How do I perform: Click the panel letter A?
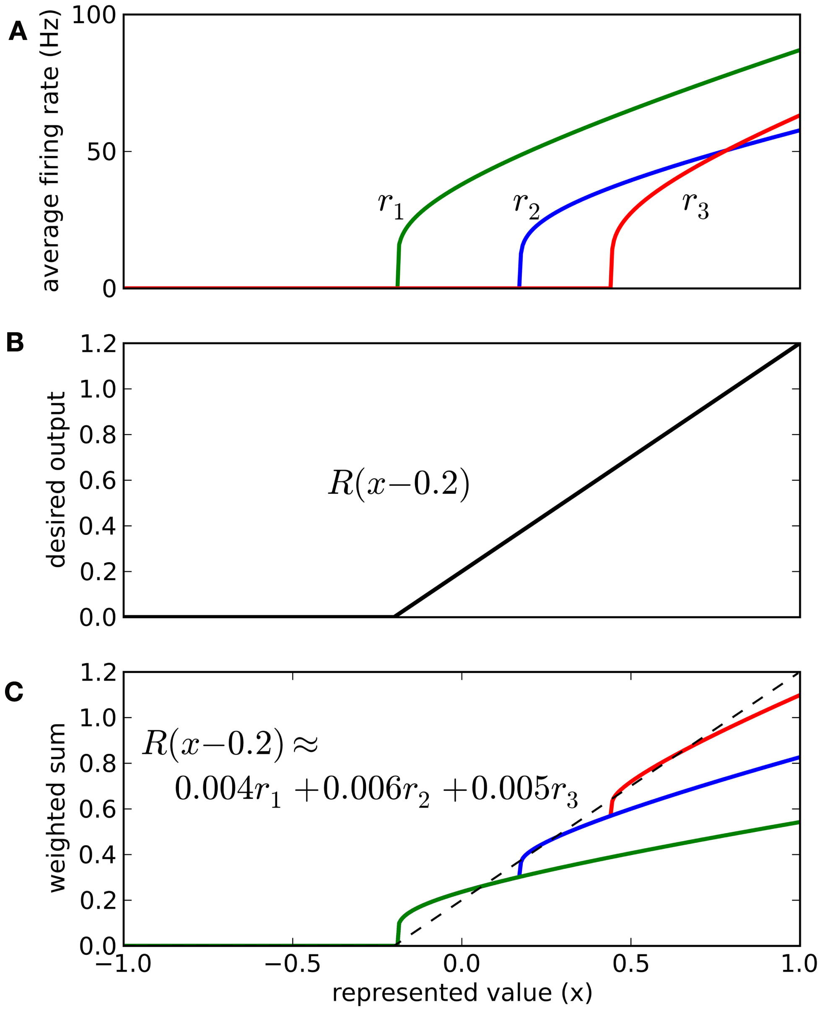coord(18,32)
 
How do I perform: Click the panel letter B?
coord(15,342)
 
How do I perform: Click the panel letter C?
coord(14,692)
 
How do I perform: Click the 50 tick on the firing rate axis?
coord(101,152)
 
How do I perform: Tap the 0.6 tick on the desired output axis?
coord(97,480)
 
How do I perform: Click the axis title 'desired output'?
coord(56,479)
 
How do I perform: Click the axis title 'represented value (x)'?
coord(462,992)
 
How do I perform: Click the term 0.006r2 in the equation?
coord(376,790)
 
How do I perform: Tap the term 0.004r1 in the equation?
coord(228,790)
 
